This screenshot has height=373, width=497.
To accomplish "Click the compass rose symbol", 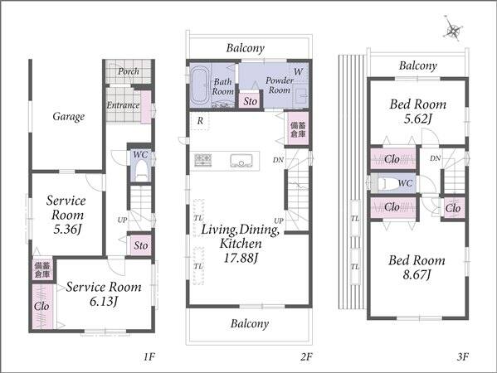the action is coord(453,31).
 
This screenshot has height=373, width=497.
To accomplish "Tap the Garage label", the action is coord(69,117).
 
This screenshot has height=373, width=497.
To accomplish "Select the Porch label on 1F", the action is coord(129,71).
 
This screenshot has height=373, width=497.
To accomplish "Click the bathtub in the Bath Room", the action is coord(199,86).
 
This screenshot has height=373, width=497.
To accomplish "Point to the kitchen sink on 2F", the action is coord(241,161).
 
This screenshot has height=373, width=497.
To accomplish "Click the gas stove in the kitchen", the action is coord(202,160).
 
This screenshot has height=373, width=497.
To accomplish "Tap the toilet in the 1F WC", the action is coord(141,171).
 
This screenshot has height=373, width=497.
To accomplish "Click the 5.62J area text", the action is coord(418,119).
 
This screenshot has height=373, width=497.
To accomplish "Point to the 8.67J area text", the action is coord(417,274).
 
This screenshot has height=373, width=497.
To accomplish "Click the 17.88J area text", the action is coord(241,258).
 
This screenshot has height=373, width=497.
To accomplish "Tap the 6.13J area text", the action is coord(104,301).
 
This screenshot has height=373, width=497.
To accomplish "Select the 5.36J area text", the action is coord(68,229).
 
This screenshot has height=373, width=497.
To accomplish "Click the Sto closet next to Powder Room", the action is coord(250,101).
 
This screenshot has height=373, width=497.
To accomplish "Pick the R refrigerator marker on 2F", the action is coord(200,121).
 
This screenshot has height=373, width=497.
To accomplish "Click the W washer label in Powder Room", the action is coord(298,72).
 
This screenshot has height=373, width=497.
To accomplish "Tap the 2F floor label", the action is coord(306,357).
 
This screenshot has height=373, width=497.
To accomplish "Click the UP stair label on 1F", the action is coord(122,220).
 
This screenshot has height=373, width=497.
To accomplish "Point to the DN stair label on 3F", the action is coord(436,158).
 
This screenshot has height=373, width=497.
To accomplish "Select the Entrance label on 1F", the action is coord(123,104).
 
